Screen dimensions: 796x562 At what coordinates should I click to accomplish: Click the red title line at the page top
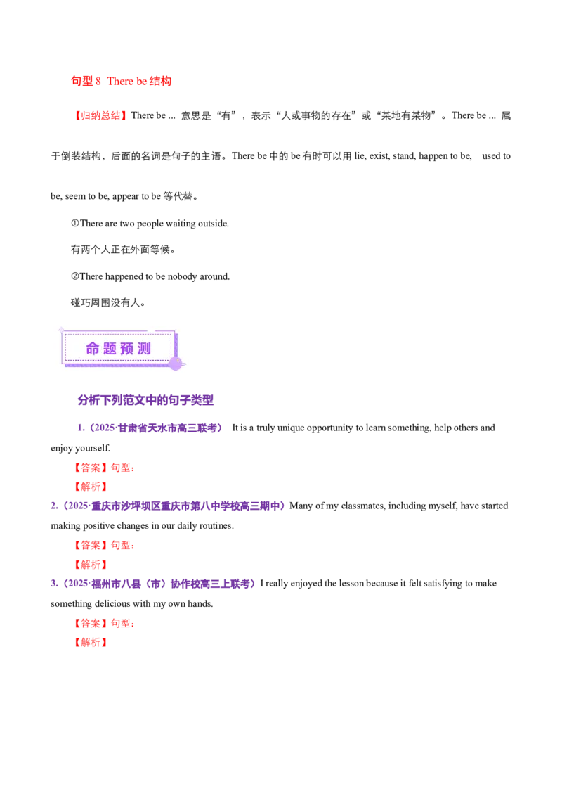click(121, 82)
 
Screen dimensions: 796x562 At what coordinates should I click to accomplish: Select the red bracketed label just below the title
click(100, 115)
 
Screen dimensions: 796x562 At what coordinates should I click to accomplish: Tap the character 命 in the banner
click(93, 349)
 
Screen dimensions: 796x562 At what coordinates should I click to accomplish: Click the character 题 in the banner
click(110, 349)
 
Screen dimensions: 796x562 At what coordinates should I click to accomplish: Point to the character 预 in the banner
click(128, 349)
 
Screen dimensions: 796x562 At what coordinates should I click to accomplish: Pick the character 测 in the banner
click(145, 349)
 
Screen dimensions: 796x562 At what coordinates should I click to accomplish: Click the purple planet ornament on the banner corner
click(175, 364)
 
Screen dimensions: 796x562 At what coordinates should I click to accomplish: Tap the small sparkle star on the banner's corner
click(61, 329)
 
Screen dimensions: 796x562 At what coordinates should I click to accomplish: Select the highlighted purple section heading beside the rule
click(145, 402)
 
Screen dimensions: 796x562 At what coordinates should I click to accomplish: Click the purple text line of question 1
click(148, 428)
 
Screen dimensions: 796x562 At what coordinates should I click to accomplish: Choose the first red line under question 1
click(104, 467)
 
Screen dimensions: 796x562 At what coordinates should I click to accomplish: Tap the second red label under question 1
click(90, 486)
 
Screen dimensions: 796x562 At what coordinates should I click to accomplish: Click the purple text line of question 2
click(168, 506)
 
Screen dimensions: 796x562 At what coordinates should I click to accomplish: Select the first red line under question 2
click(104, 545)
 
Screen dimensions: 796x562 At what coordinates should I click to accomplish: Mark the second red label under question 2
click(90, 564)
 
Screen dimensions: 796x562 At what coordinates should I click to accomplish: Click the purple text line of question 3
click(154, 584)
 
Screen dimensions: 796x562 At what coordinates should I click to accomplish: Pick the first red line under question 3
click(104, 623)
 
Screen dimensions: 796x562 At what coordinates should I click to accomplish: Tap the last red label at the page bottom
click(90, 642)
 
